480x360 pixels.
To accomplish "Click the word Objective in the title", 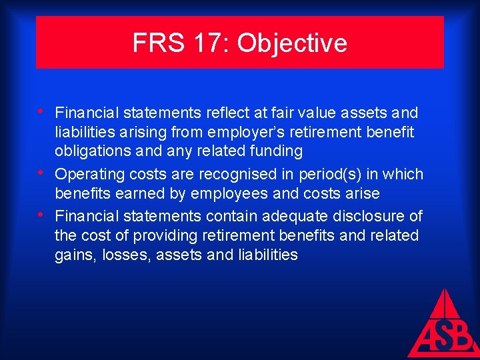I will tap(292, 43).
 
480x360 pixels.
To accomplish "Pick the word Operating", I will tap(87, 174).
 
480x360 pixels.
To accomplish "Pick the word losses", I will tap(126, 255).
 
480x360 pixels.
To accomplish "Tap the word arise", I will tap(361, 193).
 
